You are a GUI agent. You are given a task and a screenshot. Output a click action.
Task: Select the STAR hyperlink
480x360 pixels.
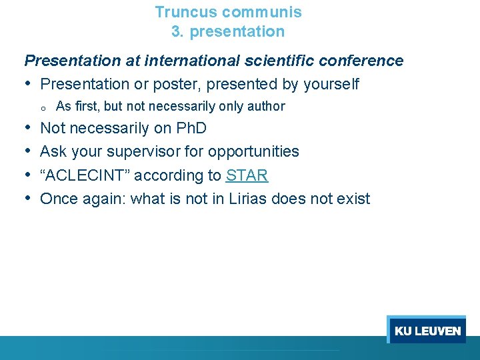pyautogui.click(x=247, y=175)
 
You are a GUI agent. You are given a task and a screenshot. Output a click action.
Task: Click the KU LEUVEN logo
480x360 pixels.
pyautogui.click(x=427, y=331)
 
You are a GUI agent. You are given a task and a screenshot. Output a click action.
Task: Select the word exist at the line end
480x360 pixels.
pyautogui.click(x=353, y=199)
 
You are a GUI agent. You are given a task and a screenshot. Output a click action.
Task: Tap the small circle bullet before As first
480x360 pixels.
pyautogui.click(x=41, y=107)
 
